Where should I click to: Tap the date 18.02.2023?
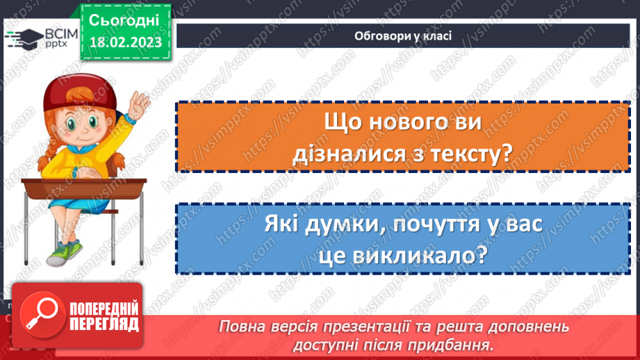click(124, 42)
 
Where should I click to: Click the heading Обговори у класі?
click(403, 36)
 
